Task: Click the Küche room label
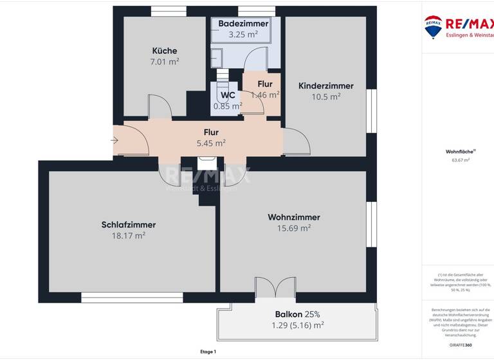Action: [x=164, y=51]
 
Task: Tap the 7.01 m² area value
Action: [x=164, y=62]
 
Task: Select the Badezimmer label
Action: [x=242, y=23]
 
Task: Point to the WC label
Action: [x=228, y=95]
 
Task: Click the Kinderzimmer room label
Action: [x=325, y=85]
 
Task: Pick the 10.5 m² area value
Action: [x=325, y=97]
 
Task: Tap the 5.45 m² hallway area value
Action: [x=211, y=143]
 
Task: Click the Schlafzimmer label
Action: [x=129, y=224]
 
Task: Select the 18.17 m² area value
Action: [x=129, y=236]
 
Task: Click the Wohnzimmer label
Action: [x=293, y=217]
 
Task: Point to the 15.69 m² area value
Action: [x=293, y=228]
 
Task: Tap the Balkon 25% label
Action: [x=297, y=314]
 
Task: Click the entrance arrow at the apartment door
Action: [x=115, y=139]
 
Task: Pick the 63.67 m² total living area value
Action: [x=457, y=160]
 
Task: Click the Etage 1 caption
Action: [x=208, y=352]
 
